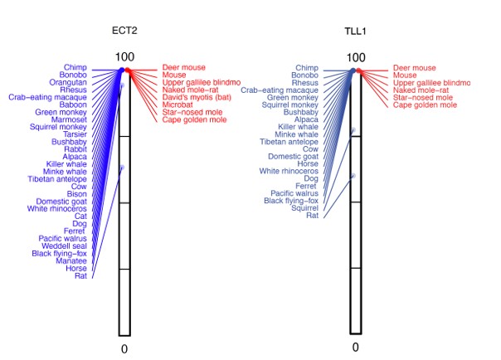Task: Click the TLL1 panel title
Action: pyautogui.click(x=355, y=31)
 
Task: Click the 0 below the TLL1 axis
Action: pyautogui.click(x=355, y=347)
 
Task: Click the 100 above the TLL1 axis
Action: pyautogui.click(x=355, y=57)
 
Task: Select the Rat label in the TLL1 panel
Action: pyautogui.click(x=312, y=216)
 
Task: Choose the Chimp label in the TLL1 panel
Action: pyautogui.click(x=306, y=68)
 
